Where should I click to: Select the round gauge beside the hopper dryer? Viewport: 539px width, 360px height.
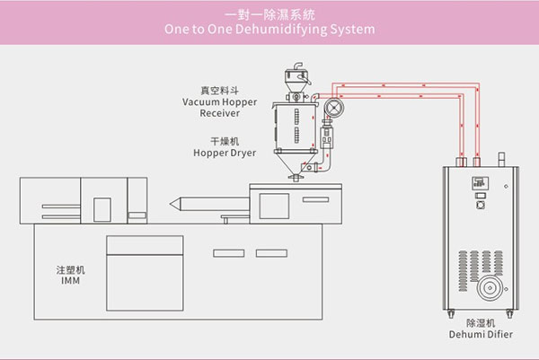point(335,110)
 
